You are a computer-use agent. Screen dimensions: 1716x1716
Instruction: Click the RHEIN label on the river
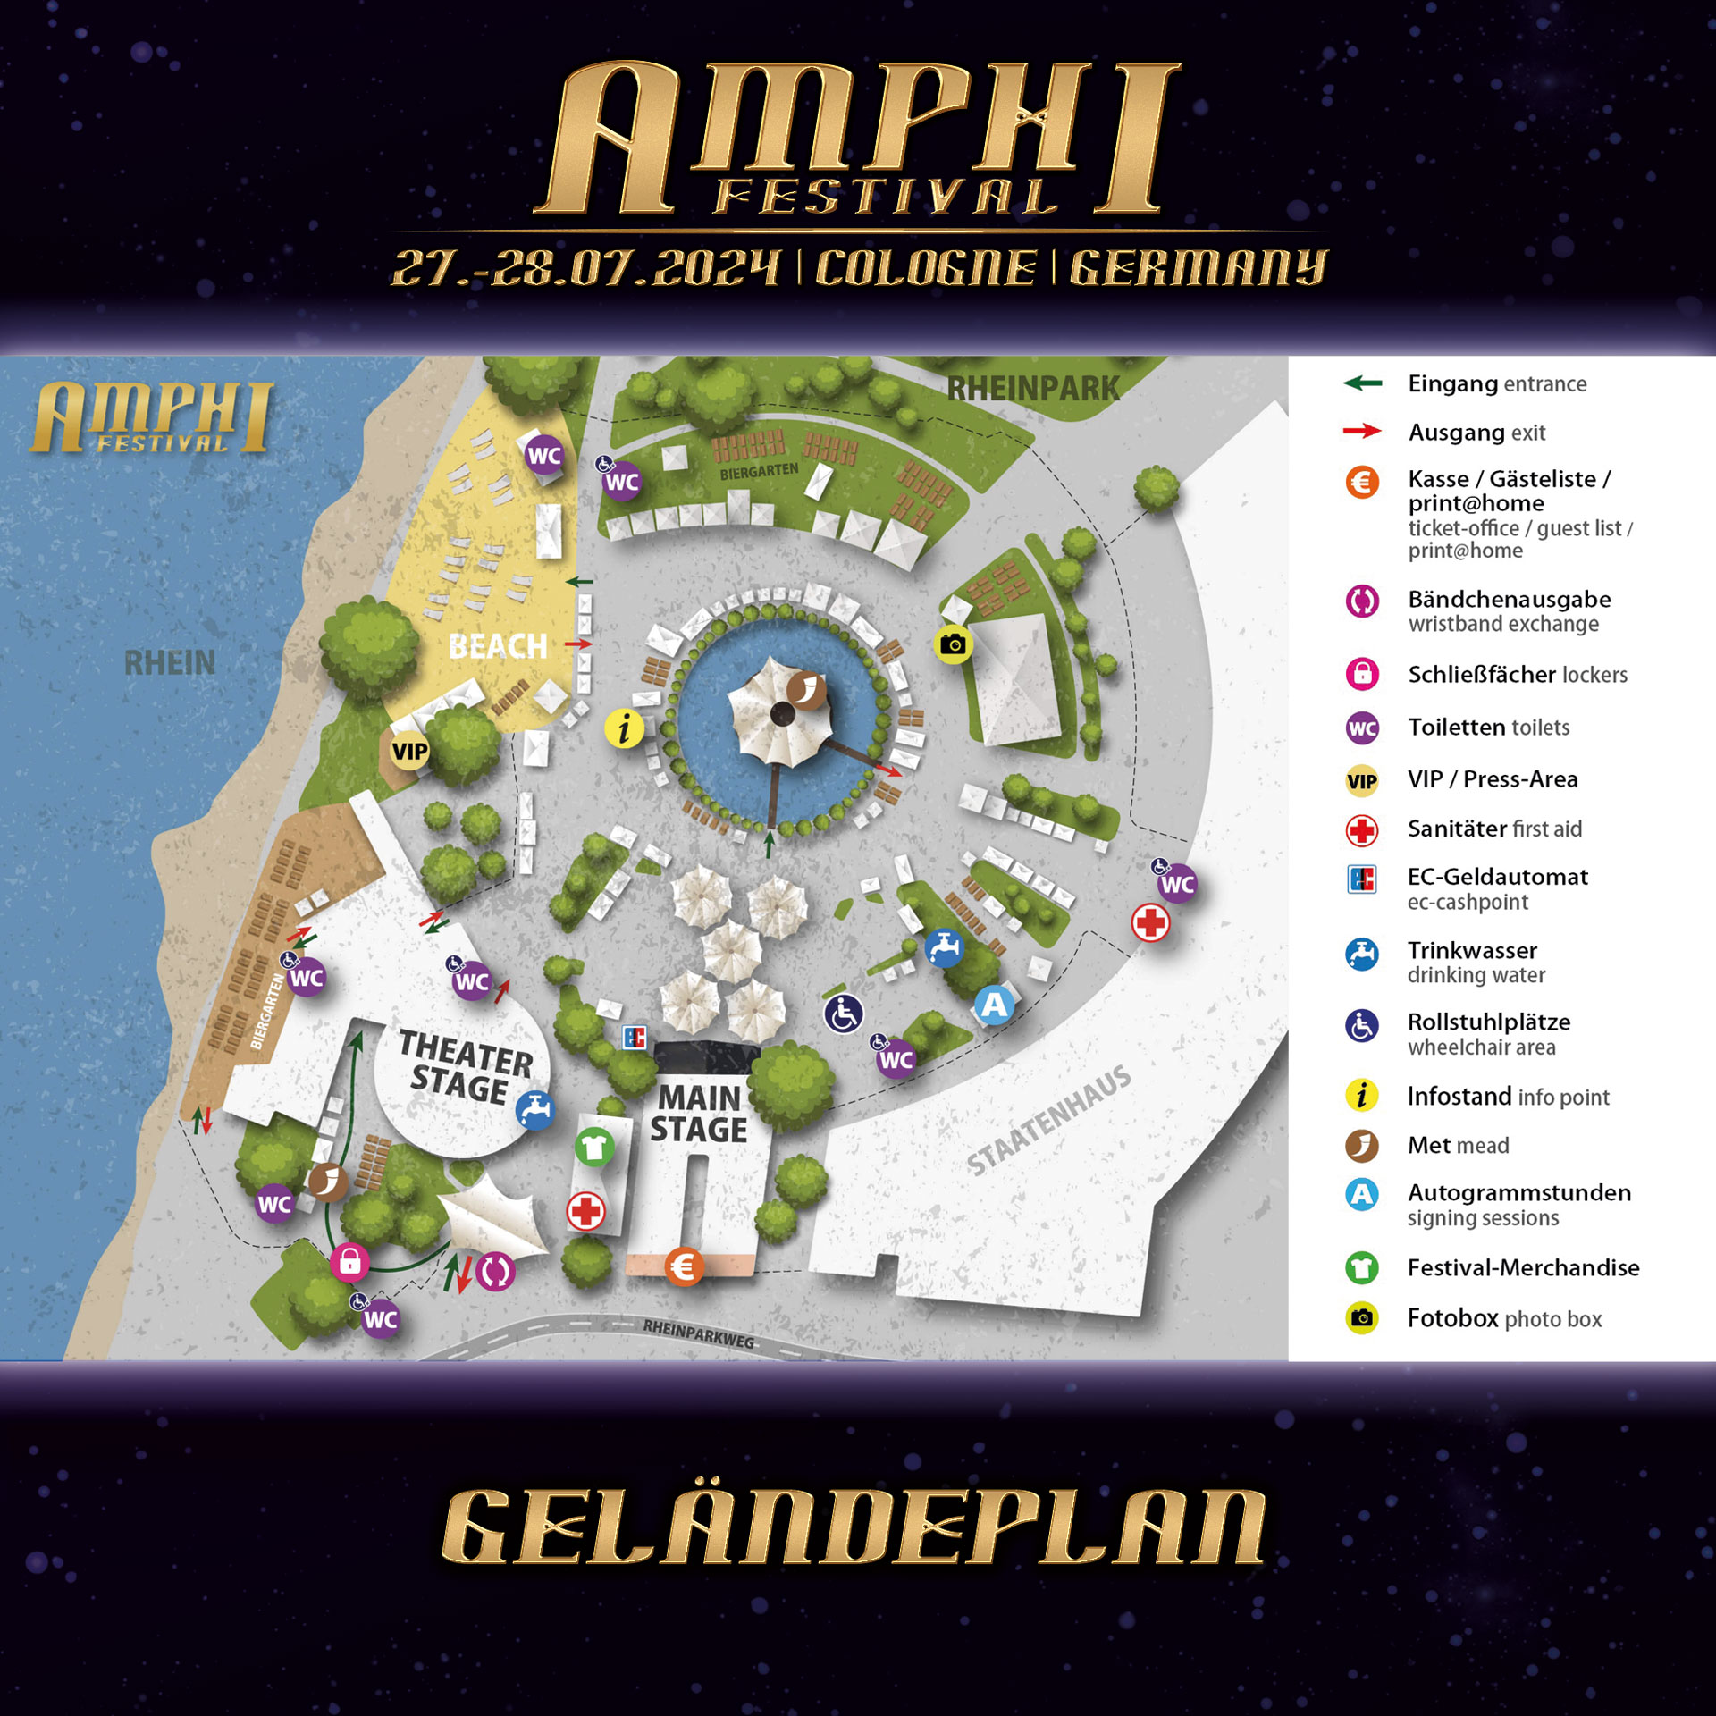[x=170, y=663]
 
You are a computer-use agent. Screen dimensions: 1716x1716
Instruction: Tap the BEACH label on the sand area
[x=498, y=646]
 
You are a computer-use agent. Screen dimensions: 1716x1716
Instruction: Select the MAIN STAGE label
[x=699, y=1114]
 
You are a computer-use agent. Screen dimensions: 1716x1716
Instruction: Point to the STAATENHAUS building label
[x=1049, y=1121]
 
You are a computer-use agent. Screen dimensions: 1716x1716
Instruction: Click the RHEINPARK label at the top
[x=1032, y=389]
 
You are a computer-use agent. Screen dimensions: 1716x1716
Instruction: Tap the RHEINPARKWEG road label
[x=698, y=1333]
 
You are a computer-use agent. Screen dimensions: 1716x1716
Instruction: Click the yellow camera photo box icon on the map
[x=953, y=644]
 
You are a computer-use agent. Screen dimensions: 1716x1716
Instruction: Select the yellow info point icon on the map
[x=624, y=728]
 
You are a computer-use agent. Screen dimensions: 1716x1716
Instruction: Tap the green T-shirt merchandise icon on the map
[x=593, y=1146]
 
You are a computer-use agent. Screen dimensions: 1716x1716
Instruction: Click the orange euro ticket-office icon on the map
[x=684, y=1266]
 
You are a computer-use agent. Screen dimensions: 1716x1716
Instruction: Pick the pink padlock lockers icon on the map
[x=349, y=1262]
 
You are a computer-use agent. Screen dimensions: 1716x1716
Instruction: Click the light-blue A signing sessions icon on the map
[x=994, y=1005]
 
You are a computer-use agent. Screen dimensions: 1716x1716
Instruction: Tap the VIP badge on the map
[x=409, y=751]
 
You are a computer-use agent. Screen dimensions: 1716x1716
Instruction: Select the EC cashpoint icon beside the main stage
[x=634, y=1038]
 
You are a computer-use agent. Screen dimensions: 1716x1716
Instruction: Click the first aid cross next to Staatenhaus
[x=1150, y=922]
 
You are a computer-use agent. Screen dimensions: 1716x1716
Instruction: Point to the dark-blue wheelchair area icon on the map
[x=843, y=1014]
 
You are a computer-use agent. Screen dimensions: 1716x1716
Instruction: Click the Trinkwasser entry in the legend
[x=1471, y=951]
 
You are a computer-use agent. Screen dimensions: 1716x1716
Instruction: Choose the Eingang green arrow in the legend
[x=1362, y=383]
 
